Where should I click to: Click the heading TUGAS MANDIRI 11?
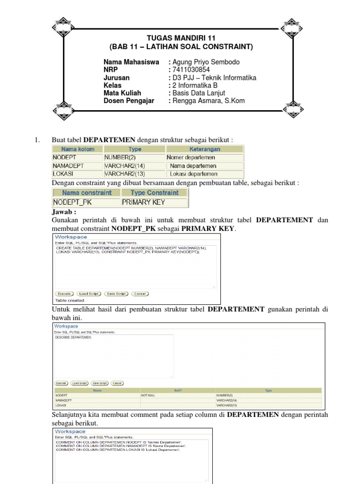181,38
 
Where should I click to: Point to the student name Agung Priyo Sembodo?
206,62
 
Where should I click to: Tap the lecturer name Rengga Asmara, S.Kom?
209,101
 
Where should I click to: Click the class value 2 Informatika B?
195,86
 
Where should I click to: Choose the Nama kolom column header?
78,149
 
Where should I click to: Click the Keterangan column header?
205,149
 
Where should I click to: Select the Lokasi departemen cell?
193,174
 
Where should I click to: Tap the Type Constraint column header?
155,193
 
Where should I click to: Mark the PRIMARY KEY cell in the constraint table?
143,202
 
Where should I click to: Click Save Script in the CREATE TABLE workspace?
116,294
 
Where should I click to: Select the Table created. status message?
70,300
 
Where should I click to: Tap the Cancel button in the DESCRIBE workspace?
117,383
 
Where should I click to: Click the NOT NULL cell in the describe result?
149,395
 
